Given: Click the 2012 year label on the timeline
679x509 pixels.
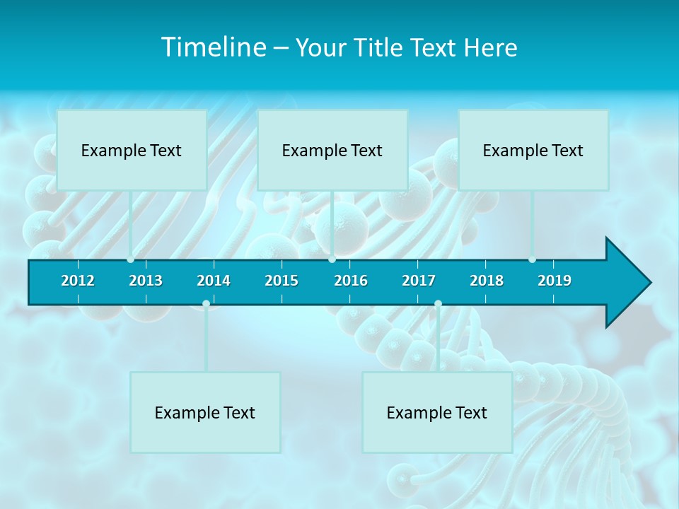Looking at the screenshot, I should (78, 281).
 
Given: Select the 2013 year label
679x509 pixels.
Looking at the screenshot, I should (146, 281).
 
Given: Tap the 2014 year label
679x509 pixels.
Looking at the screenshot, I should (214, 281).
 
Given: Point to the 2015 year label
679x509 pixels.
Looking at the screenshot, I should (282, 281).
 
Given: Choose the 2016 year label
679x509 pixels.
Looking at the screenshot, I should (351, 281).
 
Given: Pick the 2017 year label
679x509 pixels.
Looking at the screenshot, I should (419, 281).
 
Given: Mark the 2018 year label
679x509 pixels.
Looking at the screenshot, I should (487, 281).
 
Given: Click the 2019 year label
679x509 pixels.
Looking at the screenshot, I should (555, 281).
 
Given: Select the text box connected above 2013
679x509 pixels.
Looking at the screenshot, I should (132, 150).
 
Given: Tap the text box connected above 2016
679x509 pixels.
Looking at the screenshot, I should (332, 150).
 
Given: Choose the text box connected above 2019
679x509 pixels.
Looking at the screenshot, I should (533, 150).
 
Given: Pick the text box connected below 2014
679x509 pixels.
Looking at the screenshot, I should (205, 412).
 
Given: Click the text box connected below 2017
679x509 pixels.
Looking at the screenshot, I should (437, 412).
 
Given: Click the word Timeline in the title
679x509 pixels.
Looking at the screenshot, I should (213, 47).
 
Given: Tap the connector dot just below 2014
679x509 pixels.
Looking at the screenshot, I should (206, 303).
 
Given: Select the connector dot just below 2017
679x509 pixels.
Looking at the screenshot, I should (438, 303).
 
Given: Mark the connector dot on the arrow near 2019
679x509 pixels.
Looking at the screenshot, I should (532, 259).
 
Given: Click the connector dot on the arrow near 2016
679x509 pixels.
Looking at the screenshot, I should (332, 259).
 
